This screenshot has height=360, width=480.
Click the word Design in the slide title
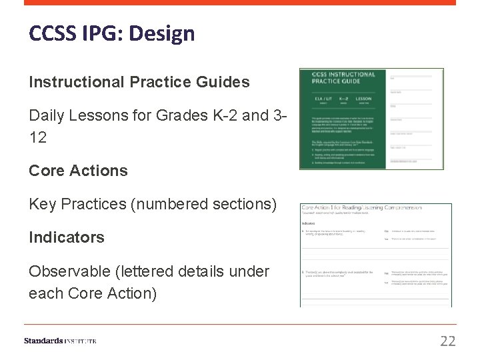click(163, 33)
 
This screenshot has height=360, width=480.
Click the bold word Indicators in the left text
click(67, 237)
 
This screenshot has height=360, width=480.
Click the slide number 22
click(448, 341)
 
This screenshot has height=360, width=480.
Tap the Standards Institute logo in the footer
click(60, 341)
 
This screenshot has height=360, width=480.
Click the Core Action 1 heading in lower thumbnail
click(361, 208)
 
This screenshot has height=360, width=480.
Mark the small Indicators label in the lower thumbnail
click(308, 223)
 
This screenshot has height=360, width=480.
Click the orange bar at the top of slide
click(240, 3)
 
